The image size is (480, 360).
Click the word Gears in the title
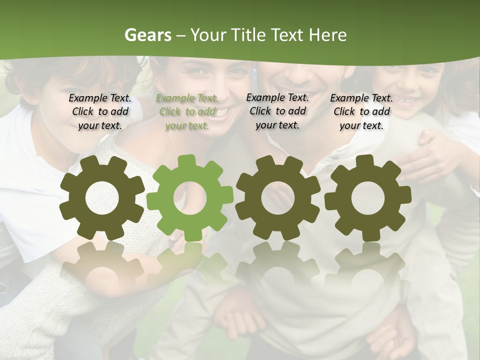click(x=147, y=35)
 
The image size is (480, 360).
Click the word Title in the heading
click(x=246, y=35)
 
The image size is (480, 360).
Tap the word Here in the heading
click(x=327, y=35)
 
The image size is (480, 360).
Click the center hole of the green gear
click(x=190, y=197)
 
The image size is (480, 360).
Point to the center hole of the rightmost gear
click(x=367, y=197)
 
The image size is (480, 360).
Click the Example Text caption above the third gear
click(x=277, y=111)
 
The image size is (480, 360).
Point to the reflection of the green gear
click(x=190, y=262)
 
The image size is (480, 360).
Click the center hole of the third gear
click(x=278, y=198)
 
